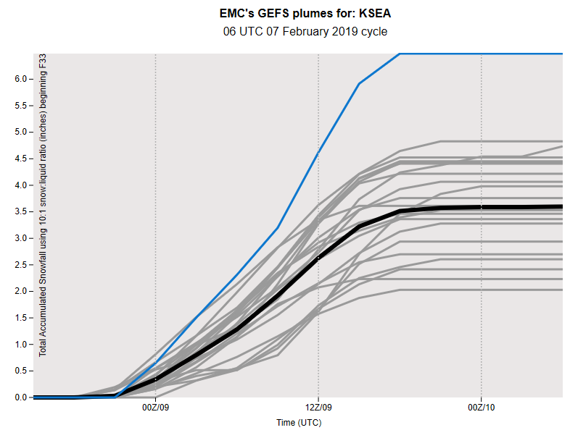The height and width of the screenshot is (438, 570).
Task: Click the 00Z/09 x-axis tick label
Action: (x=155, y=408)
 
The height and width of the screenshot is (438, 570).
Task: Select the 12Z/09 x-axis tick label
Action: (x=318, y=408)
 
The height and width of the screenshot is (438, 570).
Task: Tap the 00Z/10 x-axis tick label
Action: (x=482, y=408)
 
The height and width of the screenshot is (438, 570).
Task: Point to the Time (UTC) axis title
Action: (x=299, y=423)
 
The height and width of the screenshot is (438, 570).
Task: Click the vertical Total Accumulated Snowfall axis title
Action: (x=43, y=205)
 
